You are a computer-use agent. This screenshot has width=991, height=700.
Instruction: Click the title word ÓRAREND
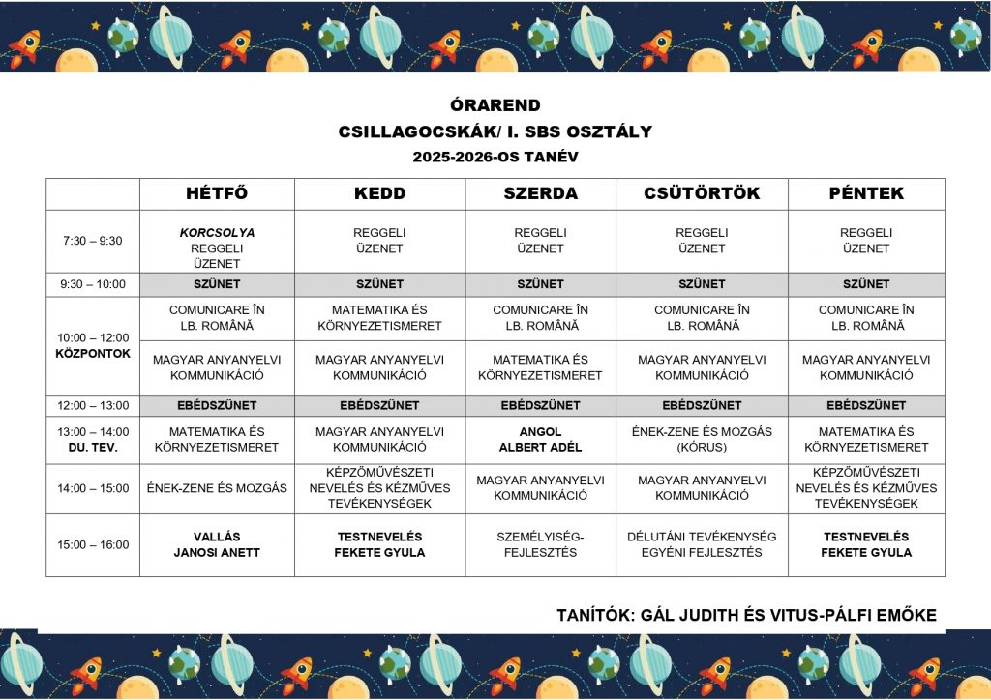[495, 105]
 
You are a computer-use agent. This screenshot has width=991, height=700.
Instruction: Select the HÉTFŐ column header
[217, 193]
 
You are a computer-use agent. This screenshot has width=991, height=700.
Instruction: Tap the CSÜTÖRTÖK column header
[702, 193]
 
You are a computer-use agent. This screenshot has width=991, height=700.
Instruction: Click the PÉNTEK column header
[866, 193]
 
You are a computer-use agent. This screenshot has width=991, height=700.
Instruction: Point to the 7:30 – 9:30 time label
[93, 241]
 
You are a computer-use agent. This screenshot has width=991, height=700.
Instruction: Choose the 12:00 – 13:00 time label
[93, 405]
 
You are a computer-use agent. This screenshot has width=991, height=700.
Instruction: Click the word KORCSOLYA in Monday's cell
[217, 233]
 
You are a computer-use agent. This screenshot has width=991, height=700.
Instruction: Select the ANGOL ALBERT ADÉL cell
[540, 439]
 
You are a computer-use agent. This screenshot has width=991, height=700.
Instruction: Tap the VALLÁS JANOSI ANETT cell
[217, 544]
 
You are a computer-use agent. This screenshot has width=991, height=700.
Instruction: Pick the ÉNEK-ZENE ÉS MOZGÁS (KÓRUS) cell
[702, 439]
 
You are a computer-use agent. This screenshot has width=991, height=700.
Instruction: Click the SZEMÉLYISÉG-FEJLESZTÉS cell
[540, 544]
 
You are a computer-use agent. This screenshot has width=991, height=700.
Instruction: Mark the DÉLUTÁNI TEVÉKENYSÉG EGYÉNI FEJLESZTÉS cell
[702, 544]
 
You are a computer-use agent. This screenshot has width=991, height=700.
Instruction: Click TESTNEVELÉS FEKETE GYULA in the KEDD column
[380, 544]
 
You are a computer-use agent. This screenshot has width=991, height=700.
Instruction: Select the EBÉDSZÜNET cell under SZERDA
[540, 405]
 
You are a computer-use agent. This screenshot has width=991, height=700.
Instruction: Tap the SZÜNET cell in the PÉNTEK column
[866, 284]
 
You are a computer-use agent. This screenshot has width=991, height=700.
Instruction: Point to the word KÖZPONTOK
[93, 354]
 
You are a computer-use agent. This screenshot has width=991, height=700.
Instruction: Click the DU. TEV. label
[93, 448]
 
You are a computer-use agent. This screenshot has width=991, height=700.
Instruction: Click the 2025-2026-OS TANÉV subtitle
[495, 157]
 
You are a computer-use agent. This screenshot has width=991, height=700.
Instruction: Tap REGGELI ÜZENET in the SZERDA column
[540, 241]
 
